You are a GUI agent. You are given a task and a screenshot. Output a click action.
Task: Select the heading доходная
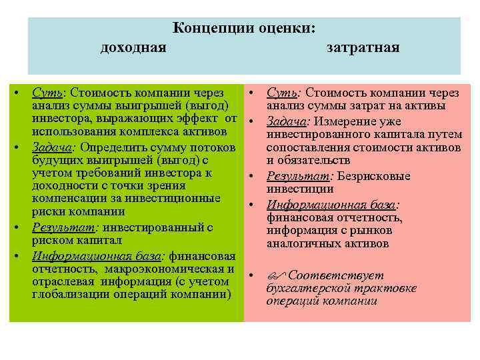[133, 48]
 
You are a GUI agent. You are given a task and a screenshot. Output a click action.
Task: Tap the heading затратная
[363, 48]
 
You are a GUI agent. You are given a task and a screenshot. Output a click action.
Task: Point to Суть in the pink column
[282, 92]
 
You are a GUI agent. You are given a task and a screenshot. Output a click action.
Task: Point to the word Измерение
[345, 121]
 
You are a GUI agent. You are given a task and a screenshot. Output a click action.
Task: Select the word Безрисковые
[374, 177]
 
